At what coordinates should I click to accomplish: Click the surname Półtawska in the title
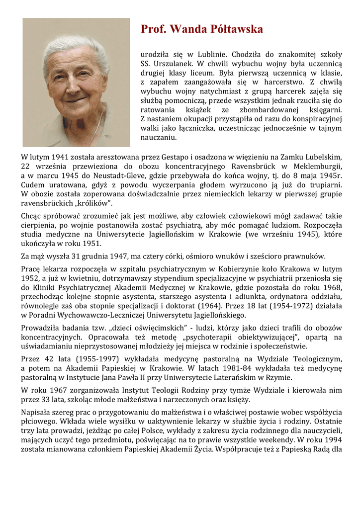(x=232, y=29)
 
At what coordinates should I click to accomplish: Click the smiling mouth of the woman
(x=75, y=100)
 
